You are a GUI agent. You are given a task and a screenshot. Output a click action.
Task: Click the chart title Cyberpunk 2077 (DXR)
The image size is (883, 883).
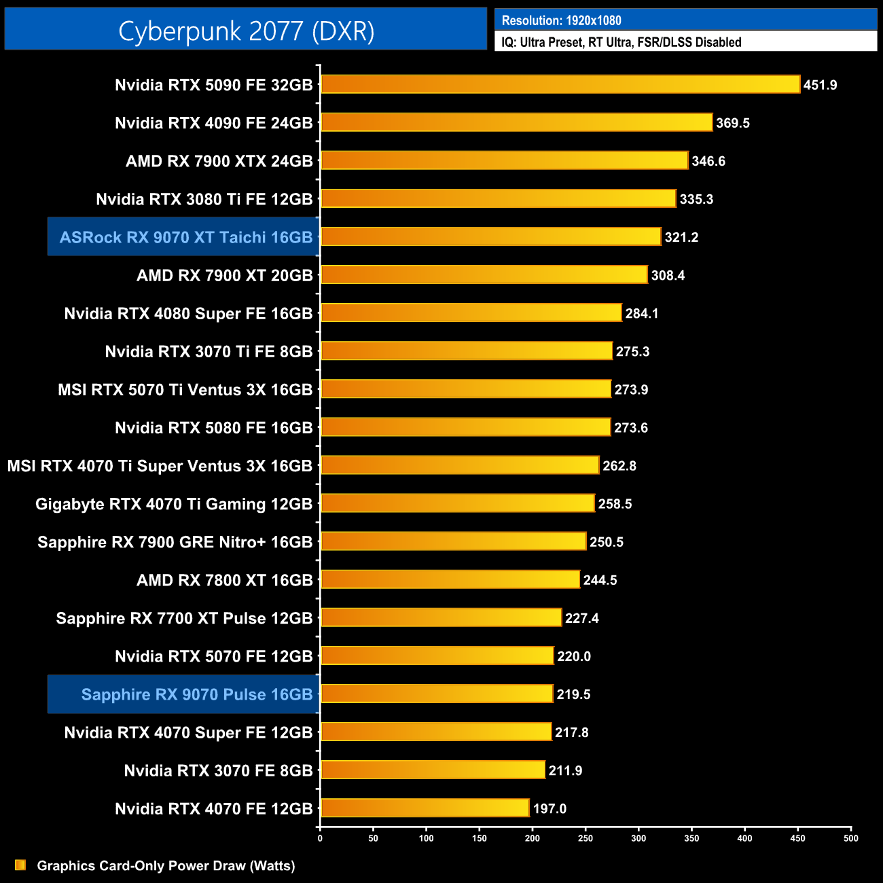[246, 31]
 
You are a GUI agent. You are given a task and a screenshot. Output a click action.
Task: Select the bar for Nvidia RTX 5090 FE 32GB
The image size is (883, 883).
[560, 84]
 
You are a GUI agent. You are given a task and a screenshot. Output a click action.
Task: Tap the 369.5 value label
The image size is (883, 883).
[732, 123]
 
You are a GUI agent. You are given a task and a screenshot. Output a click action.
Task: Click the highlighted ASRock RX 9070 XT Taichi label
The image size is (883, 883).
[185, 237]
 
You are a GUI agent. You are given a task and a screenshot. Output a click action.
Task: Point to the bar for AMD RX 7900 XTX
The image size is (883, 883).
[504, 160]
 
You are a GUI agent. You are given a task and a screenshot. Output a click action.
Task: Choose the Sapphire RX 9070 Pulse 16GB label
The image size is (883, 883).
[196, 694]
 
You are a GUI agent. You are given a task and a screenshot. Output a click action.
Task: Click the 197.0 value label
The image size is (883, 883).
[549, 808]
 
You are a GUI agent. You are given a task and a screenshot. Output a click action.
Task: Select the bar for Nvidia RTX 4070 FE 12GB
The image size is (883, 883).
[425, 808]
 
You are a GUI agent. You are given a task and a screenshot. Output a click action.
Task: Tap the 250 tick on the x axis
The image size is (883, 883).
[585, 837]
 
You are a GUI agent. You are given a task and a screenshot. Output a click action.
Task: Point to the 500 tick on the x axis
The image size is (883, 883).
[850, 837]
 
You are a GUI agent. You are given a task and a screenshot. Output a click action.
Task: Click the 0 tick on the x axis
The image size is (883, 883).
[320, 837]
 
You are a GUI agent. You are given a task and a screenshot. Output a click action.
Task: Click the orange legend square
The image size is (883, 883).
[20, 865]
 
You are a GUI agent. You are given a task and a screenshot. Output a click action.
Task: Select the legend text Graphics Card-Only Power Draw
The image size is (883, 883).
[166, 865]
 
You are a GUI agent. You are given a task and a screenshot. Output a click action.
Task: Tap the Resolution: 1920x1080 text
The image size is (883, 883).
[561, 20]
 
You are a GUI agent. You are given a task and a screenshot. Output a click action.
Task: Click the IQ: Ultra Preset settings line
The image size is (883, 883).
[621, 42]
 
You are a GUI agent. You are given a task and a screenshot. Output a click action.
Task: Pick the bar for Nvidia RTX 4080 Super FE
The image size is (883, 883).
[471, 312]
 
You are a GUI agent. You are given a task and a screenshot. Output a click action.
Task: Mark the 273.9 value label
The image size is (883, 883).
[631, 389]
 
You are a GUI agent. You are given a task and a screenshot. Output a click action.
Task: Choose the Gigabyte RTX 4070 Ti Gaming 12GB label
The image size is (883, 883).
[173, 504]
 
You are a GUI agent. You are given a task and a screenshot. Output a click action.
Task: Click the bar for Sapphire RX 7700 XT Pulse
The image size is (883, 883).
[441, 617]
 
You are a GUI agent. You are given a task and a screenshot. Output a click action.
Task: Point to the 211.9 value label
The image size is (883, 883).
[565, 770]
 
